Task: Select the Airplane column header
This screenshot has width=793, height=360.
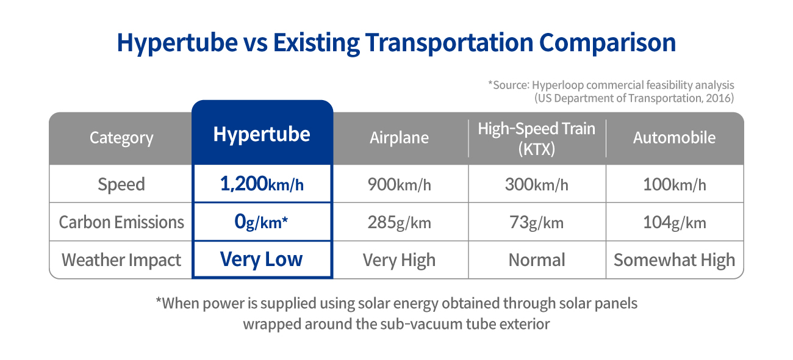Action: pos(399,138)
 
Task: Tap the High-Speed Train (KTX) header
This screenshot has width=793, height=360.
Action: pos(536,139)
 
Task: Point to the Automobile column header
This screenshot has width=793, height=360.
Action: pos(674,138)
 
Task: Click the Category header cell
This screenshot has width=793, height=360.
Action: pos(121,138)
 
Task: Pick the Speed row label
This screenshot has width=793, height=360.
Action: pos(121,184)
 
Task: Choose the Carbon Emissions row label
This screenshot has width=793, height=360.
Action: pos(121,222)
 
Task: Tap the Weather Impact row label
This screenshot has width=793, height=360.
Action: pos(121,260)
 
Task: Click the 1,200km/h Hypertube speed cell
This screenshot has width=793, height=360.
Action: pos(262,184)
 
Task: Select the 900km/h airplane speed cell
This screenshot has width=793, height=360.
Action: pos(399,184)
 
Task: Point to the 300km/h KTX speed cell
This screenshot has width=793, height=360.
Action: pos(536,184)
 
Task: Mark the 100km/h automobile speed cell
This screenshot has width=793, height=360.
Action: pos(675,184)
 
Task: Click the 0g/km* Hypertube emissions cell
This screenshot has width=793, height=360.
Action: pos(261,222)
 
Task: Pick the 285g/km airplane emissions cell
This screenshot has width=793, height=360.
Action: pos(399,223)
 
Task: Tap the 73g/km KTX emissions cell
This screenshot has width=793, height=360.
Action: pos(536,223)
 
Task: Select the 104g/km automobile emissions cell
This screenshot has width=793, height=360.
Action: pos(675,223)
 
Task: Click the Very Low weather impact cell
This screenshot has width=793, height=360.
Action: pos(261,259)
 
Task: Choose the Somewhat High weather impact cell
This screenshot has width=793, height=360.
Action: pos(675,260)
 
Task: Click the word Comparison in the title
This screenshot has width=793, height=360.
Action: pos(608,43)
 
